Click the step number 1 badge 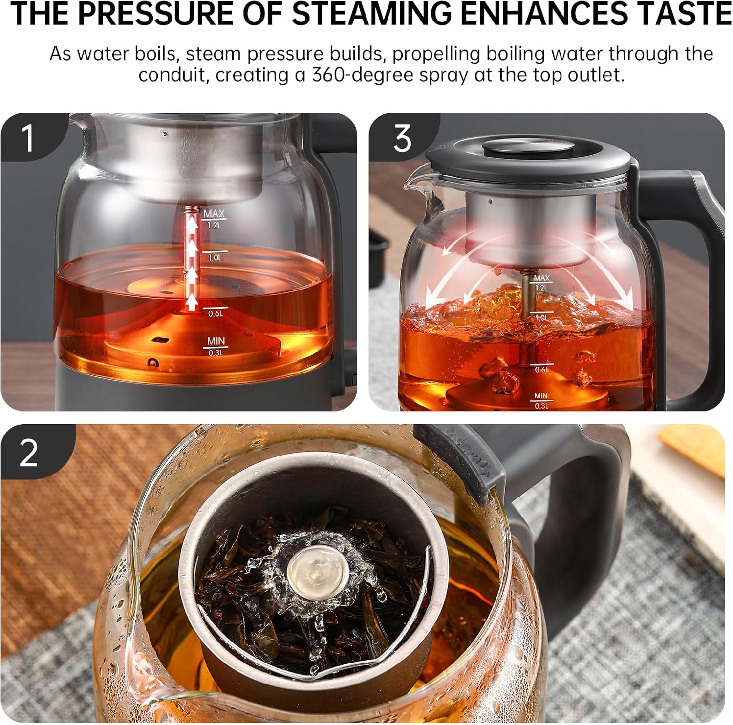(28, 138)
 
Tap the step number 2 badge (28, 452)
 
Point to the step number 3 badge (402, 138)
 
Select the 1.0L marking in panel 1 (215, 257)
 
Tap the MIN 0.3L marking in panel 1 (215, 346)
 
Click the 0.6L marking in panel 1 (215, 313)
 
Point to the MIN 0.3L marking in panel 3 (541, 401)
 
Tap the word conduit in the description (173, 75)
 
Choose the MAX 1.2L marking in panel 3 (541, 283)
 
